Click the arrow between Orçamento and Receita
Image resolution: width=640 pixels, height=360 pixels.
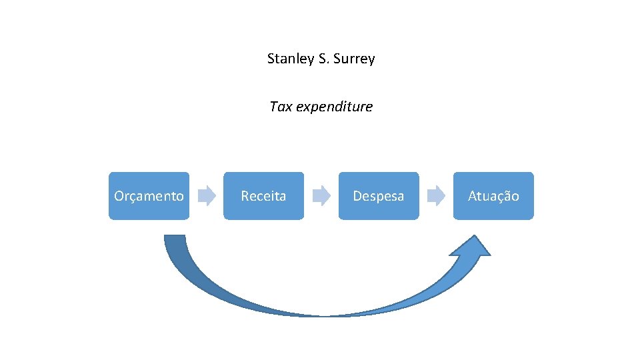pos(208,195)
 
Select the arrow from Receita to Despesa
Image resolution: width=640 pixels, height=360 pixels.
pos(322,195)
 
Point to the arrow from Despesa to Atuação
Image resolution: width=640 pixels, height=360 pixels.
pos(436,195)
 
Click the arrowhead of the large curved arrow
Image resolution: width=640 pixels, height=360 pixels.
pos(470,247)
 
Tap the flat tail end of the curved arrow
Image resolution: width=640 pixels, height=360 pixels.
pos(174,237)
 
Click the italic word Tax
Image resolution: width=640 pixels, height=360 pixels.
pos(281,107)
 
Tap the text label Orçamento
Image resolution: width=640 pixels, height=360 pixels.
pos(149,196)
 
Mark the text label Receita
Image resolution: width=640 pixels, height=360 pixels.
pos(263,196)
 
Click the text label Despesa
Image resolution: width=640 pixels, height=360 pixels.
pos(379,196)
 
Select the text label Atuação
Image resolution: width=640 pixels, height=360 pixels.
pos(493,196)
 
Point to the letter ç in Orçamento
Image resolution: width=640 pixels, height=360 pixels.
pos(131,197)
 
